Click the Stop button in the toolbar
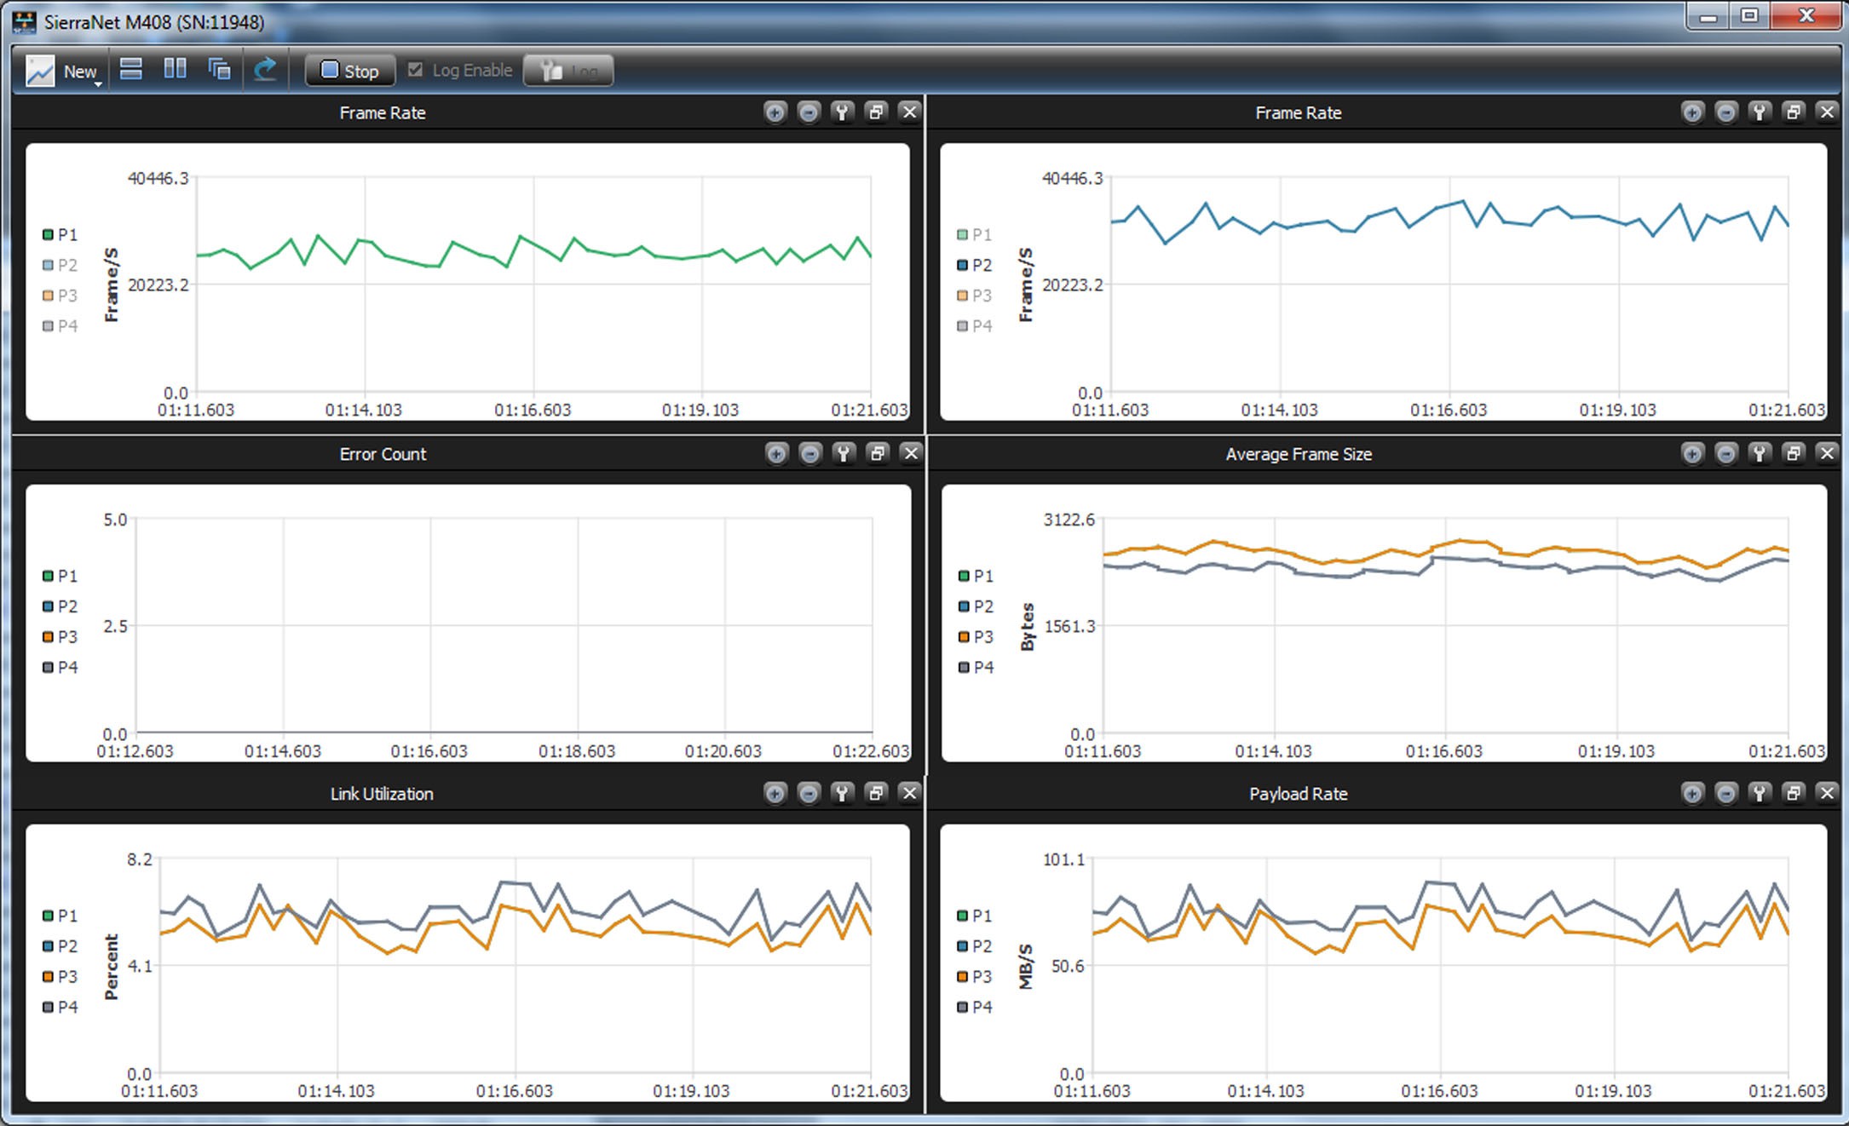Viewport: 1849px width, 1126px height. (350, 71)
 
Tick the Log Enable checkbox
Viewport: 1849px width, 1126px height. (416, 70)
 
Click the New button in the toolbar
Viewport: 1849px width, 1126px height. (64, 72)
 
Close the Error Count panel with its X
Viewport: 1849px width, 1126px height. (911, 453)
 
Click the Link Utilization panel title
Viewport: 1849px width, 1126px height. (382, 794)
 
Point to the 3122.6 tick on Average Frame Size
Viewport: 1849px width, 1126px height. (1069, 520)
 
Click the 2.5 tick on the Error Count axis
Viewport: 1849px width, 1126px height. (115, 626)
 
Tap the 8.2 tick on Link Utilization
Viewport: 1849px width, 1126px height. (140, 859)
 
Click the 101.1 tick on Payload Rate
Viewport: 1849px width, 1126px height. (1063, 859)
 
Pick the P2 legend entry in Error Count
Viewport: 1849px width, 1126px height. (60, 606)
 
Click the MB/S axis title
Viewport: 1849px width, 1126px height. (1026, 967)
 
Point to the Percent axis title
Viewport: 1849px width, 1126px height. (112, 967)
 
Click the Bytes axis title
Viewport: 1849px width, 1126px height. (1028, 627)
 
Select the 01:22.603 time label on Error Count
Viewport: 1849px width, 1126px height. (871, 751)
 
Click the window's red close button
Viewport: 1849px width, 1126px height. (1806, 15)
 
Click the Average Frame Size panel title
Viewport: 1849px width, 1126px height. (1299, 454)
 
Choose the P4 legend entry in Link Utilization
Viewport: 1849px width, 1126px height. (60, 1007)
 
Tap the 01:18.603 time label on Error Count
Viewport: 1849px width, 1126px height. (577, 751)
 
